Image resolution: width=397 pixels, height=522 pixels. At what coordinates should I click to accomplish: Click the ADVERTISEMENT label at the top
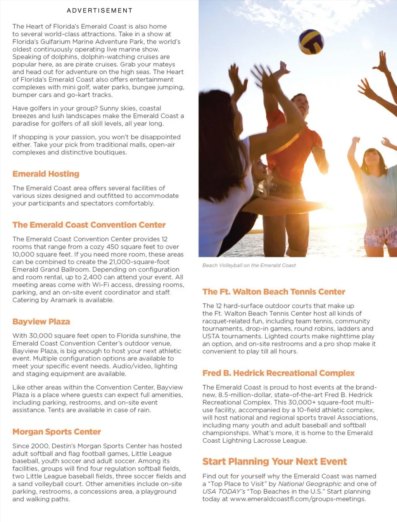(100, 10)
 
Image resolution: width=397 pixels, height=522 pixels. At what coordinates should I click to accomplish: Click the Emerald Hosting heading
(46, 174)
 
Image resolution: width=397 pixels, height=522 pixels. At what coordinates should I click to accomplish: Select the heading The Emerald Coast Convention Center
(89, 225)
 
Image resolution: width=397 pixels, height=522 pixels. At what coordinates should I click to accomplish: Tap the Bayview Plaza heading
(41, 322)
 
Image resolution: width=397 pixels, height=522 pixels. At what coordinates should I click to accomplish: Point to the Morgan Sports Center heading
(57, 432)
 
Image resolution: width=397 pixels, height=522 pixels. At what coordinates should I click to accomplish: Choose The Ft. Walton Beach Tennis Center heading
(274, 292)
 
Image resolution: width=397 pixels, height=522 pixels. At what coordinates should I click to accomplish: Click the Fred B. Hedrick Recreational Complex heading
(278, 373)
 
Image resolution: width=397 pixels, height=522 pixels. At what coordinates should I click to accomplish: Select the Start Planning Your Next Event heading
(274, 461)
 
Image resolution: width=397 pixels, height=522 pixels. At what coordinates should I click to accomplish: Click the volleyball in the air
(311, 42)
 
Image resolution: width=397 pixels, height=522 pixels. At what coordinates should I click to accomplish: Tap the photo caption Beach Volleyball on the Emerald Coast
(249, 265)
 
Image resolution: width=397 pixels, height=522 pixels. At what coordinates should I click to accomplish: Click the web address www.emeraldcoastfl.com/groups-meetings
(298, 499)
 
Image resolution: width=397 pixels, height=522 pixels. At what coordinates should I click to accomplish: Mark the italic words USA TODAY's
(224, 491)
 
